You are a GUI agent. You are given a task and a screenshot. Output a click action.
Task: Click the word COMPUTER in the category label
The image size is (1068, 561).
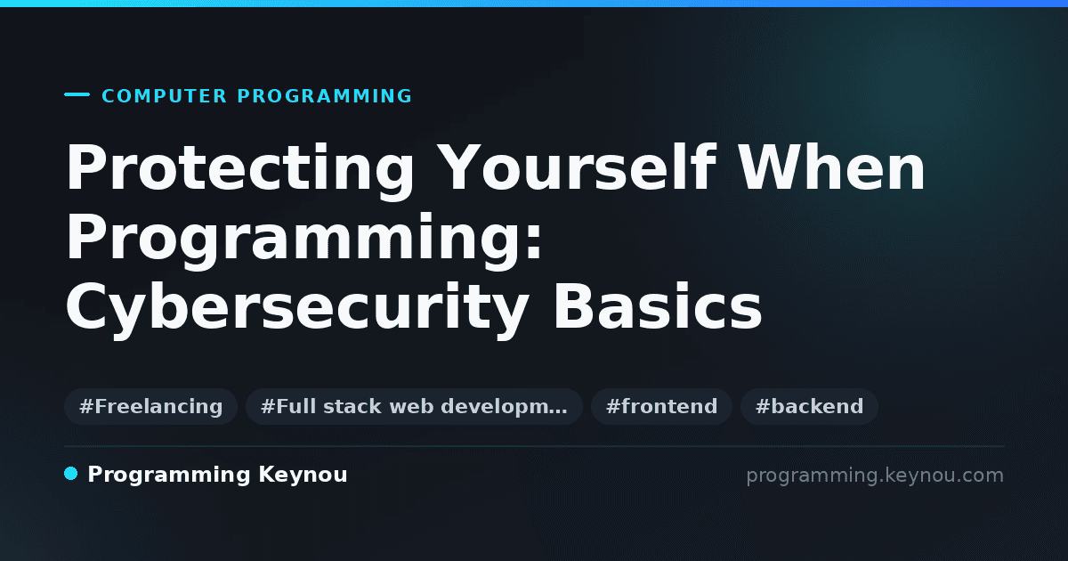[x=164, y=96]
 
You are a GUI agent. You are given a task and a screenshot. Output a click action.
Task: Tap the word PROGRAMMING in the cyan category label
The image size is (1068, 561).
[x=324, y=96]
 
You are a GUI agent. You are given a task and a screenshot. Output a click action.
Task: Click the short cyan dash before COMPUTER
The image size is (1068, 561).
[x=77, y=94]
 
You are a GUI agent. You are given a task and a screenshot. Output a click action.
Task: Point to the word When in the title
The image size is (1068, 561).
[x=831, y=167]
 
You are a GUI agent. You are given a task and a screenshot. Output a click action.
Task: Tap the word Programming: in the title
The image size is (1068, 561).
[x=304, y=241]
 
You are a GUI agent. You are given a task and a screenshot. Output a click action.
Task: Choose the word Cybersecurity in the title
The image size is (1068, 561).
[x=297, y=310]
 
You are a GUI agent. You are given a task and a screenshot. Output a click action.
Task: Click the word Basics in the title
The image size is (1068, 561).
[x=658, y=305]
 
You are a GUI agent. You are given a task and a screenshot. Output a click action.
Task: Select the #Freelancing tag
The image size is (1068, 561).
[x=150, y=406]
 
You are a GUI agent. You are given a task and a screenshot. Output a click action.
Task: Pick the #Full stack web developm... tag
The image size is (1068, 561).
[x=414, y=406]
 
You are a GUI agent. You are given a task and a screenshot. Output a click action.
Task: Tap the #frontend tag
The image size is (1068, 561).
[x=661, y=406]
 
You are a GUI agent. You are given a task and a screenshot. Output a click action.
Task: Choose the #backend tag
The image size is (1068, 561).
[x=809, y=406]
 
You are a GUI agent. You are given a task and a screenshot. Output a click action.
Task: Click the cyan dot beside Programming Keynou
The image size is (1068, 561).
[x=70, y=474]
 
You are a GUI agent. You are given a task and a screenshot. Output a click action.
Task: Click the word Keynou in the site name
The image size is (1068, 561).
[x=303, y=476]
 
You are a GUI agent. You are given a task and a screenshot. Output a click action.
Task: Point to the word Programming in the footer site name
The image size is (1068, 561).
[x=169, y=476]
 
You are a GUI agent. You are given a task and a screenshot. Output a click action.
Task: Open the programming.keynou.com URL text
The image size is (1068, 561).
[x=875, y=476]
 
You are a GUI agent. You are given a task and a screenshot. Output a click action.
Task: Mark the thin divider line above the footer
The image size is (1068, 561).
[x=534, y=446]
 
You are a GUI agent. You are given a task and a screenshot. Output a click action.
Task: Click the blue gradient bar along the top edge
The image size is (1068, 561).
[x=534, y=4]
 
